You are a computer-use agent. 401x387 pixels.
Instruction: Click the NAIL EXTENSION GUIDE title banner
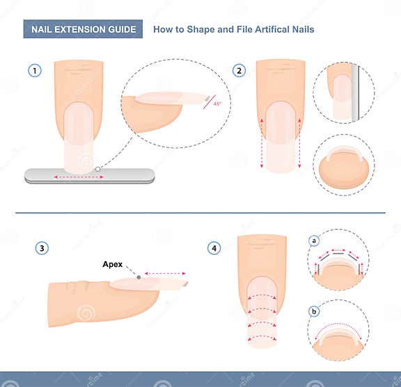[x=83, y=29]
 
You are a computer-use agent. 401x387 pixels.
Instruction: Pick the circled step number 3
[x=42, y=248]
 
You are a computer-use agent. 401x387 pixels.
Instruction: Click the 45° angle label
[x=217, y=104]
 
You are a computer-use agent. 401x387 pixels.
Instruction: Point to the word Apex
[x=113, y=264]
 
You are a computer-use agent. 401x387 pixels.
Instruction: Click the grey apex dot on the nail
[x=138, y=277]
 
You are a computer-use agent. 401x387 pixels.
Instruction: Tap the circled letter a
[x=314, y=241]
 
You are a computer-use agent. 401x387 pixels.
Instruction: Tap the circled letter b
[x=314, y=311]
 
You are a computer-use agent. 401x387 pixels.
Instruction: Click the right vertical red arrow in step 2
[x=299, y=143]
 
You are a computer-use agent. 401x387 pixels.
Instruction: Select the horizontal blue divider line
[x=200, y=213]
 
